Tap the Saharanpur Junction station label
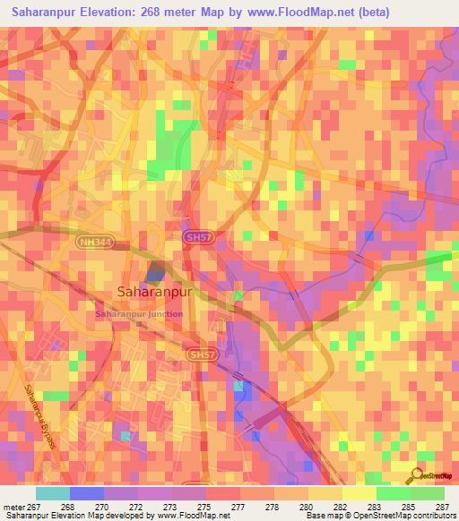pyautogui.click(x=139, y=314)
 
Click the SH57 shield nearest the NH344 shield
pyautogui.click(x=198, y=235)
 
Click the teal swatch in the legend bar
pyautogui.click(x=53, y=493)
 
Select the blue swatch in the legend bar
pyautogui.click(x=87, y=493)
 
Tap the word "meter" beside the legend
pyautogui.click(x=13, y=506)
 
